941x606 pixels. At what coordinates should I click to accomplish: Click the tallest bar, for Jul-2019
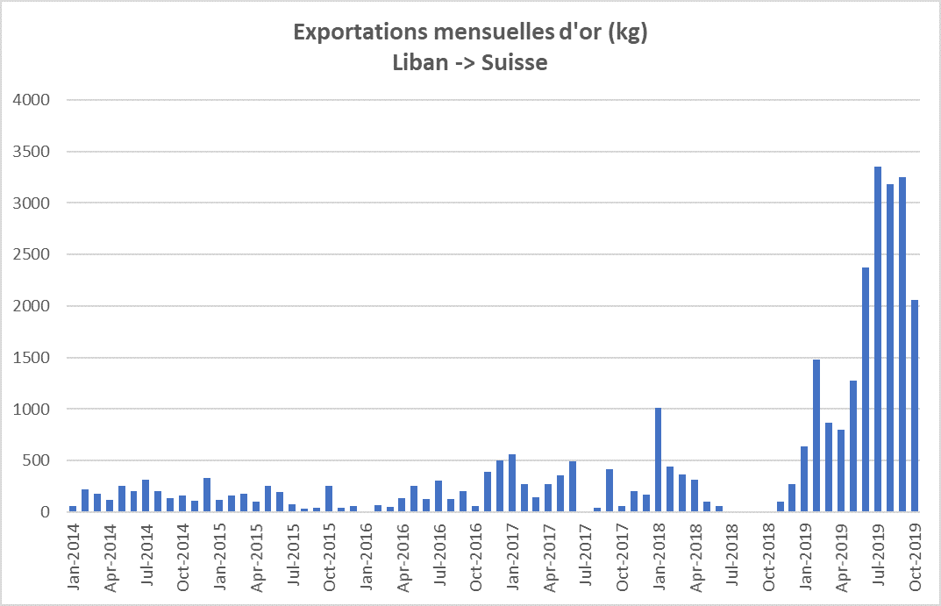(878, 339)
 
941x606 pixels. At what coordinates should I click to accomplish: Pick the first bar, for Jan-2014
(73, 509)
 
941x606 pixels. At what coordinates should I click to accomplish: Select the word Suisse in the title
(515, 63)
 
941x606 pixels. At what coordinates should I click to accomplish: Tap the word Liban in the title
(419, 63)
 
